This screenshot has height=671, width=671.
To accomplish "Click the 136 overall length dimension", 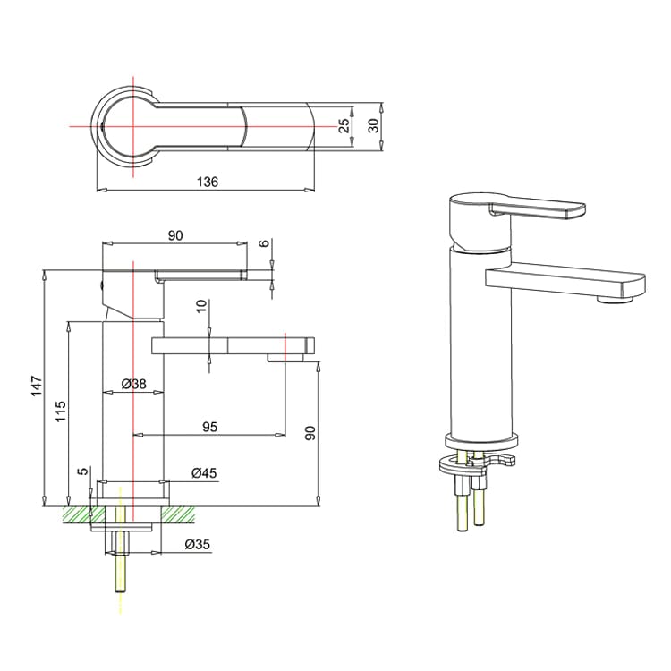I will (x=208, y=182).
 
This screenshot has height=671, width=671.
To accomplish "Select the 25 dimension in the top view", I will (x=344, y=125).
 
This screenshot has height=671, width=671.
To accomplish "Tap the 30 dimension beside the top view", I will (x=375, y=125).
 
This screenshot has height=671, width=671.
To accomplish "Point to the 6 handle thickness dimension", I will (x=263, y=244).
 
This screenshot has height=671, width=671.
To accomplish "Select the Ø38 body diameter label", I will (x=133, y=384).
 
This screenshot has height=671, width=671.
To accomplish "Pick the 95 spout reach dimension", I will (x=209, y=427).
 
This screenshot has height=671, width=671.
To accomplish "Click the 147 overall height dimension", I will (x=37, y=386).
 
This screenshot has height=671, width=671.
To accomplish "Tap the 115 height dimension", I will (x=61, y=412).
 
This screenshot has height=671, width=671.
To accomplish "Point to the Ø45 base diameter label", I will (x=204, y=473).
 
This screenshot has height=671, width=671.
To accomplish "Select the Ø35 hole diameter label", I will (x=197, y=543).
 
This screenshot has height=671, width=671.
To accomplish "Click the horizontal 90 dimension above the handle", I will (x=174, y=235).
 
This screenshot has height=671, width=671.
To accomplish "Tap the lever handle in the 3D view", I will (x=537, y=210).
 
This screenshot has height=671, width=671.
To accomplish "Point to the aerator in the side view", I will (x=285, y=359).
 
